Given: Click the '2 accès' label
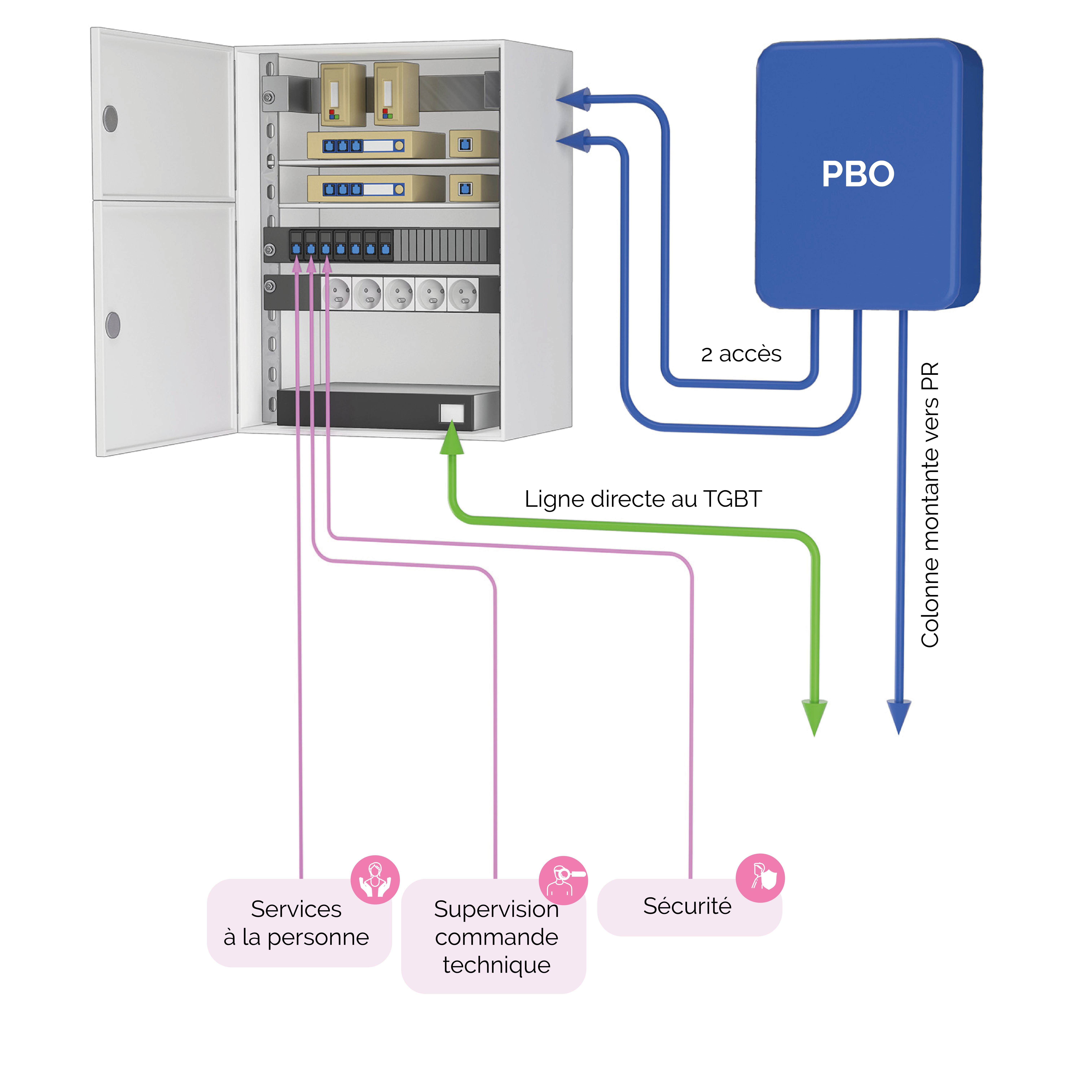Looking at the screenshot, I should [741, 354].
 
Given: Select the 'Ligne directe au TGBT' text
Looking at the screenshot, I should [643, 498].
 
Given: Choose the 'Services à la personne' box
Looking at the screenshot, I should [297, 923].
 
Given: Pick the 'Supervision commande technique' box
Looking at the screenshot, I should [495, 937].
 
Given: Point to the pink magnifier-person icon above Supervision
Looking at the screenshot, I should [563, 880].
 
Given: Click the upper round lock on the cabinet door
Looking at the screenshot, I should [110, 119].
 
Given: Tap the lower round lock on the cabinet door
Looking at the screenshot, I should [113, 325].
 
